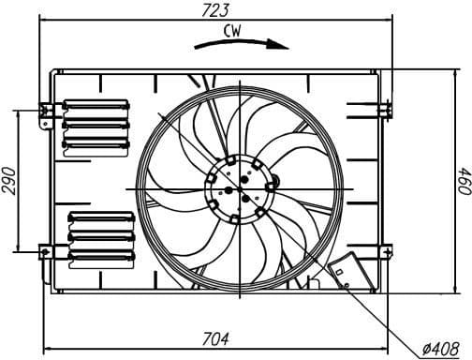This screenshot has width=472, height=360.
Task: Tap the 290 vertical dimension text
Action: [x=10, y=180]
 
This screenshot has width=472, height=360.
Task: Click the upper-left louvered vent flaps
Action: [x=96, y=124]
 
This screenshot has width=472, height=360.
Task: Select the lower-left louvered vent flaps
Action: [x=100, y=237]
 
